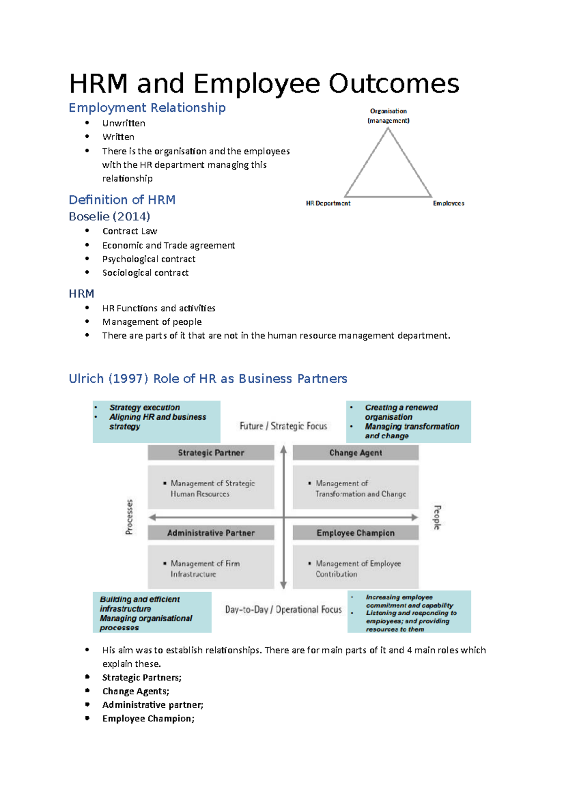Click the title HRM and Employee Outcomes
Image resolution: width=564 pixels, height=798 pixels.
point(264,84)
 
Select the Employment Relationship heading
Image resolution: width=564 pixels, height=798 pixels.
point(147,108)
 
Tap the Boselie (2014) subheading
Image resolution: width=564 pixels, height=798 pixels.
point(110,216)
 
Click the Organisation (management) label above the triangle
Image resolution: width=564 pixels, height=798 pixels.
point(388,116)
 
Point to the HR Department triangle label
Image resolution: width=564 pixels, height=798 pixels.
point(328,203)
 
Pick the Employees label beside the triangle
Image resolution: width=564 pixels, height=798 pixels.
point(448,203)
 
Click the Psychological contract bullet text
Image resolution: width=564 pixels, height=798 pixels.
point(149,259)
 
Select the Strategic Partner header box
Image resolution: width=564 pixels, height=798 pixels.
point(211,453)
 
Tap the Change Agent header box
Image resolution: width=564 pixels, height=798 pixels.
point(355,453)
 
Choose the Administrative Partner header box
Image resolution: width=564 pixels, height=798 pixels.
point(211,532)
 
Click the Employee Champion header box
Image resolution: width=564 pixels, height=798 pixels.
point(355,532)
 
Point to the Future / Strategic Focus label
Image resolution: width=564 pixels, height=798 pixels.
point(283,426)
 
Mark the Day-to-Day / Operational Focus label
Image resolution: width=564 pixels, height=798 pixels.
point(283,610)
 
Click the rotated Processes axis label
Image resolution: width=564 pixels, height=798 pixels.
point(129,516)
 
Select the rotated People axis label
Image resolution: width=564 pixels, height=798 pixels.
point(437,517)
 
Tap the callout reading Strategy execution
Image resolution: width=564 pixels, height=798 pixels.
point(144,407)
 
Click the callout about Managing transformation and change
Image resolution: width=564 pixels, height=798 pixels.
point(412,431)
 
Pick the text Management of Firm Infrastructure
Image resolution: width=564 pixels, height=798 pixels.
point(205,569)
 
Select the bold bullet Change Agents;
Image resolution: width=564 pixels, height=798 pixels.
point(136,691)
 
